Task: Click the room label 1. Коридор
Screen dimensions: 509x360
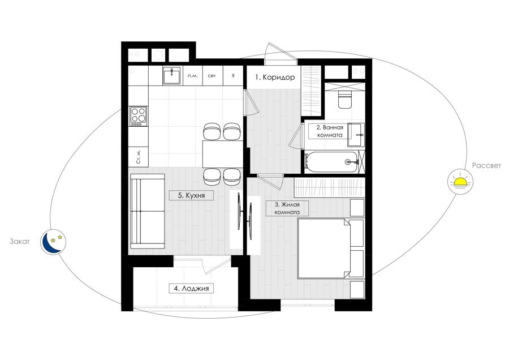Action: pos(275,78)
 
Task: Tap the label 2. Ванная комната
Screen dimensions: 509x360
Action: pos(330,131)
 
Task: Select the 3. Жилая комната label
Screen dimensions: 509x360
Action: pos(287,208)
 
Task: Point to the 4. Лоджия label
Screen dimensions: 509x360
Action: pos(191,288)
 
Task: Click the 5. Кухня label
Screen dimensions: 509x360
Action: pos(191,195)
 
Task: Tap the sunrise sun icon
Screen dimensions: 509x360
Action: pos(460,182)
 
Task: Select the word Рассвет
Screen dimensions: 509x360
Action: pos(486,165)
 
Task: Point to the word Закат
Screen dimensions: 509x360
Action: pos(19,241)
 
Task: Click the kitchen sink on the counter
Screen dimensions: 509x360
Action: pos(171,76)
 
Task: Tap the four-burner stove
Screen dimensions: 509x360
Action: pos(139,116)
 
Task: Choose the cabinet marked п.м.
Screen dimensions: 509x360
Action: pos(192,76)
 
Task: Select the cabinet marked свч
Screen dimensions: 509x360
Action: pos(212,76)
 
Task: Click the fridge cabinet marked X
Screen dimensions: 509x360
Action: pos(233,76)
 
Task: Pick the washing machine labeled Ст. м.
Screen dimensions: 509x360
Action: pos(139,157)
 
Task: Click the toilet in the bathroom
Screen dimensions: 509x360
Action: pos(344,99)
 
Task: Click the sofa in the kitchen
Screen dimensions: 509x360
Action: pos(148,211)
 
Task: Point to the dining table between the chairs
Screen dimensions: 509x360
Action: pos(222,154)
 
